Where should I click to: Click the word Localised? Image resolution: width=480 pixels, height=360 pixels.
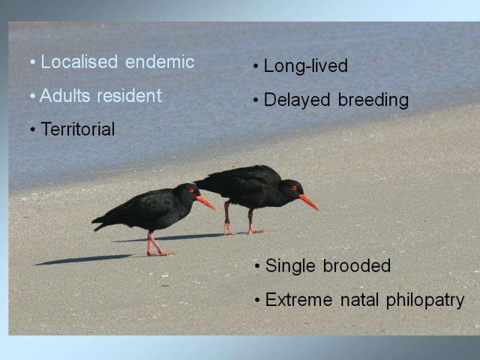pyautogui.click(x=79, y=62)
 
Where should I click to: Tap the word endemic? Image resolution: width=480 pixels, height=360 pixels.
pyautogui.click(x=160, y=62)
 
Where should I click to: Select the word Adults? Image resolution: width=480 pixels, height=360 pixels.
pyautogui.click(x=65, y=95)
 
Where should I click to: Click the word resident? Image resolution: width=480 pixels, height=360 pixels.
pyautogui.click(x=129, y=95)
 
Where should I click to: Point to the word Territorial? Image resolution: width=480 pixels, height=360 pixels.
pyautogui.click(x=78, y=129)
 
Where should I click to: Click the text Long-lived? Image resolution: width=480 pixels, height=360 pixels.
pyautogui.click(x=306, y=66)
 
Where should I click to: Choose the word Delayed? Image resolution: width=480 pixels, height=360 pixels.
pyautogui.click(x=297, y=100)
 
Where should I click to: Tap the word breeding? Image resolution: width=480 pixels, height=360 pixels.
pyautogui.click(x=373, y=100)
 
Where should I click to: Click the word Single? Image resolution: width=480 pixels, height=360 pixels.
pyautogui.click(x=290, y=266)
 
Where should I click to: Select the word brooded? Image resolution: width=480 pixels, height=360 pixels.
pyautogui.click(x=357, y=265)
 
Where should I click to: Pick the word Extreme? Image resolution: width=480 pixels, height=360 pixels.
pyautogui.click(x=299, y=299)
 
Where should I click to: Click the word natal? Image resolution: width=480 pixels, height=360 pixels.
pyautogui.click(x=359, y=299)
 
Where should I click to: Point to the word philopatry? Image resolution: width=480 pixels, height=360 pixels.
pyautogui.click(x=425, y=301)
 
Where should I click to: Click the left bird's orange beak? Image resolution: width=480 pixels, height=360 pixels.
pyautogui.click(x=206, y=203)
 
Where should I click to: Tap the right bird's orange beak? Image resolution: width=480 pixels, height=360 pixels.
pyautogui.click(x=309, y=202)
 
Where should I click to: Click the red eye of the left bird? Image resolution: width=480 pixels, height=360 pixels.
pyautogui.click(x=191, y=190)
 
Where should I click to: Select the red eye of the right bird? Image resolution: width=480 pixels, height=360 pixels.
pyautogui.click(x=294, y=188)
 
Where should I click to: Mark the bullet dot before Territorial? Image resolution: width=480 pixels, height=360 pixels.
pyautogui.click(x=33, y=130)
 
